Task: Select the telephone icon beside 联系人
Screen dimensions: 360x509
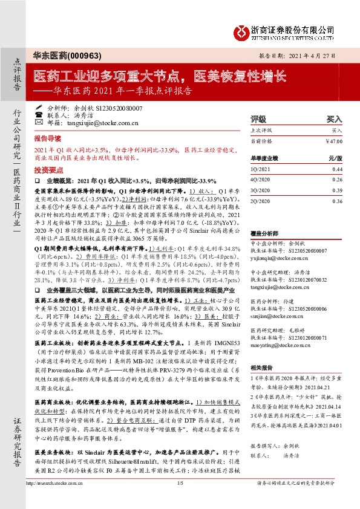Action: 39,114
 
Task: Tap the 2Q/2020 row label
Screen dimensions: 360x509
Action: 260,201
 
